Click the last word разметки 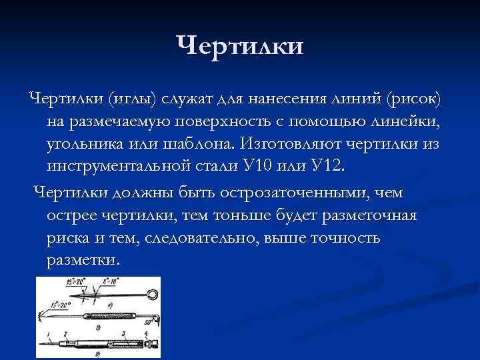[84, 261]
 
